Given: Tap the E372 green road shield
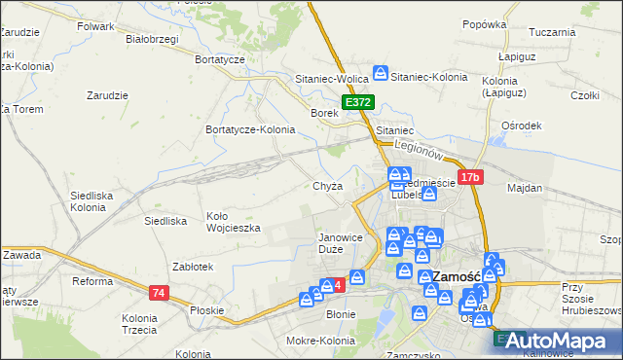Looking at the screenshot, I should pyautogui.click(x=357, y=101).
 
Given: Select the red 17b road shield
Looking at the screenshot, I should pyautogui.click(x=471, y=177).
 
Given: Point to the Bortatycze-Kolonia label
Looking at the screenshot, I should pyautogui.click(x=250, y=129).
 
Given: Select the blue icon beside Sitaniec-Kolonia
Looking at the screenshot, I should pyautogui.click(x=382, y=73).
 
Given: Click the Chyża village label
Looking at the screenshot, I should pyautogui.click(x=328, y=186).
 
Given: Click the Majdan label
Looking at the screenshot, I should pyautogui.click(x=524, y=187).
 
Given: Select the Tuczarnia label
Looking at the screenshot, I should pyautogui.click(x=552, y=32).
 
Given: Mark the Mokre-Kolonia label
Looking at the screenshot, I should pyautogui.click(x=320, y=341).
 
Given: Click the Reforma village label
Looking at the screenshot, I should pyautogui.click(x=93, y=282).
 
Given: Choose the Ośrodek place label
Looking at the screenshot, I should pyautogui.click(x=521, y=126).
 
